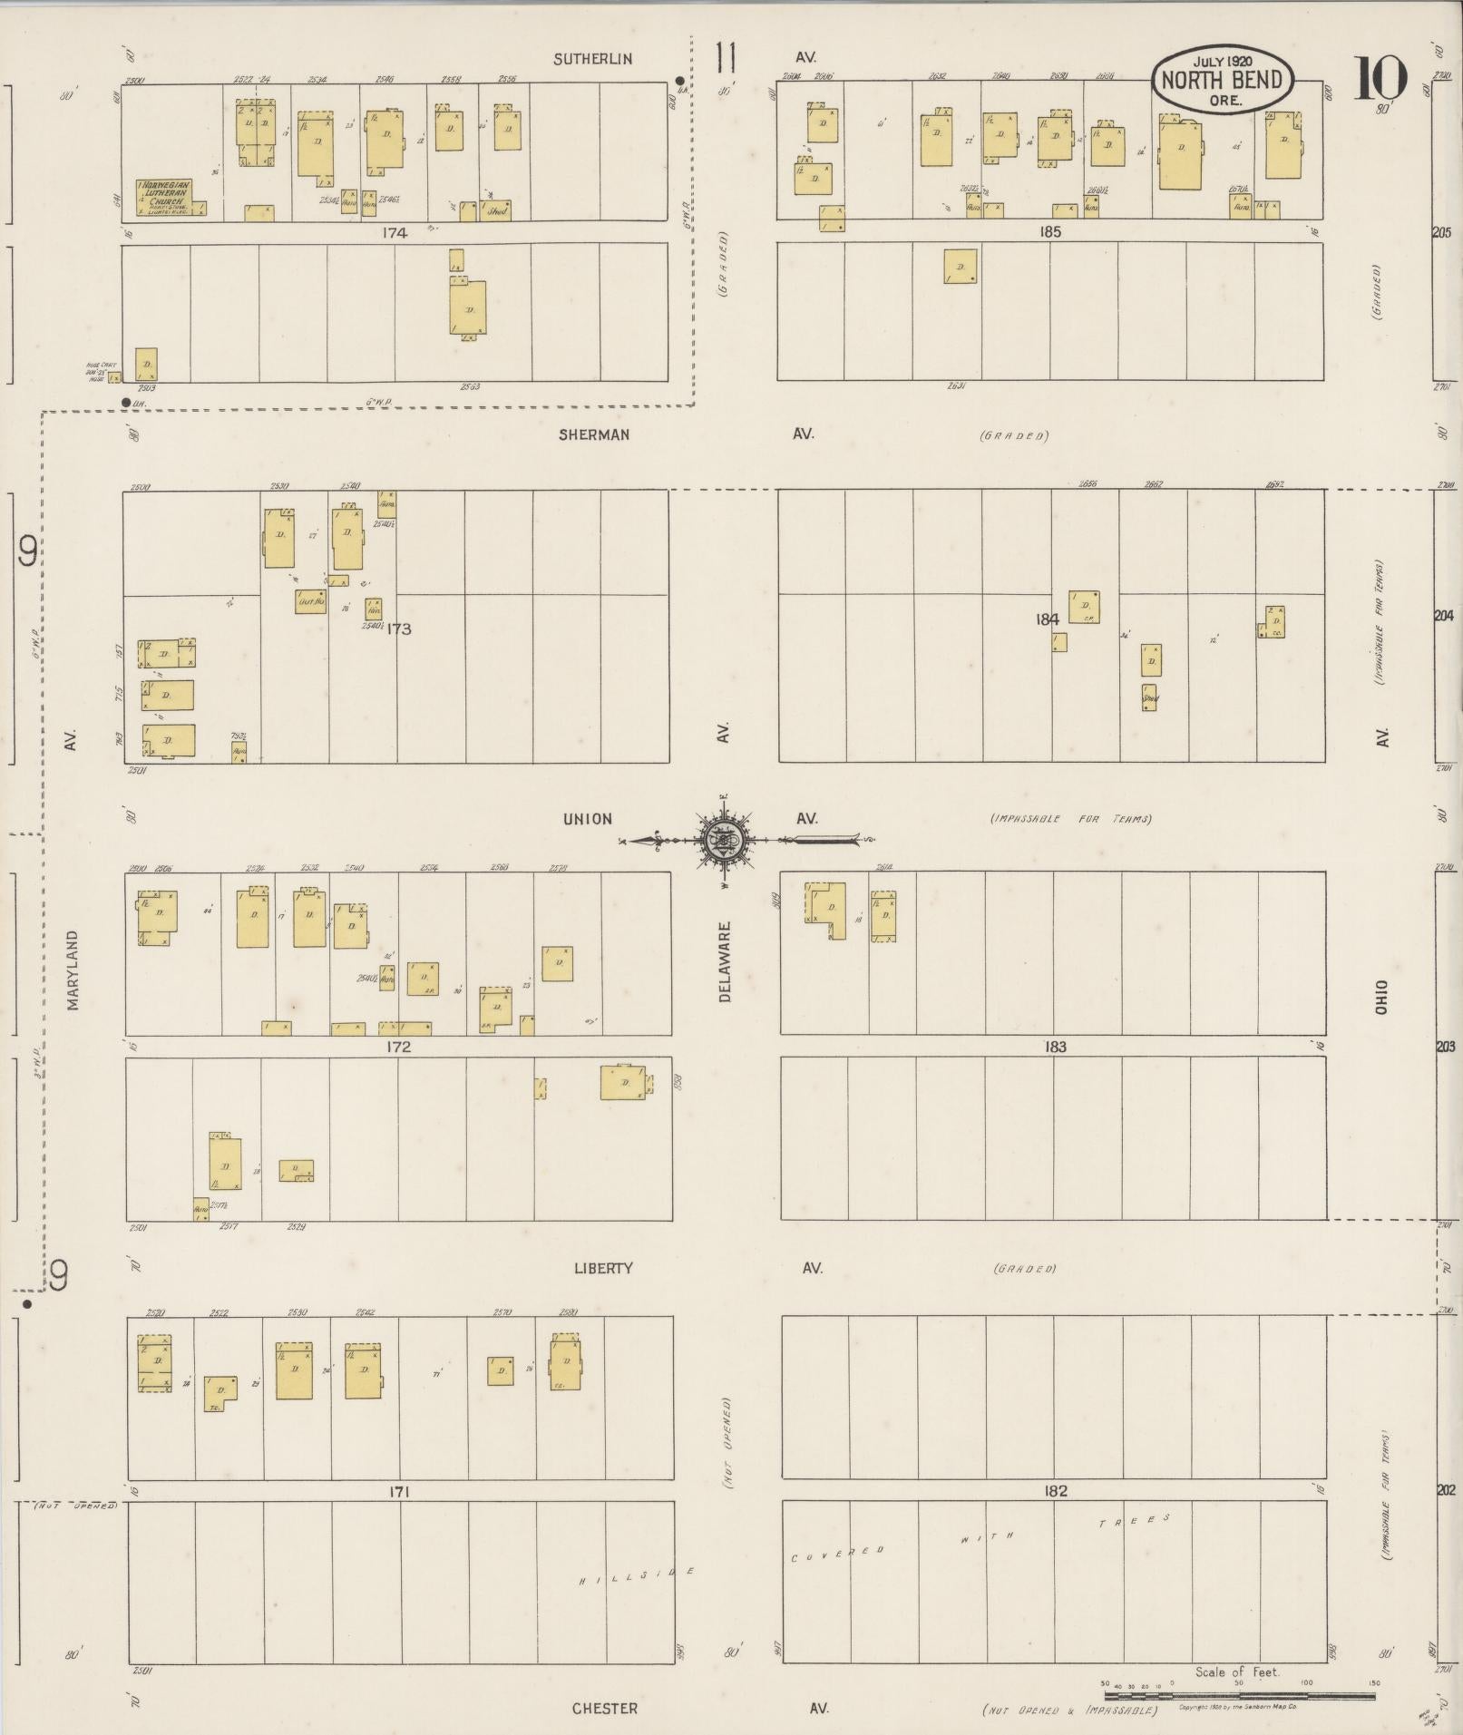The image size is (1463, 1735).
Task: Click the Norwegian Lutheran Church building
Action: (x=164, y=198)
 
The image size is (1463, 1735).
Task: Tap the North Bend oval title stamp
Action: (x=1222, y=80)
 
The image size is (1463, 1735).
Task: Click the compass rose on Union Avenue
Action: (x=724, y=840)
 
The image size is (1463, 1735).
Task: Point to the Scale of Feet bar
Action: (x=1239, y=1693)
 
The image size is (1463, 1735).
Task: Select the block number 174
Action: (x=395, y=232)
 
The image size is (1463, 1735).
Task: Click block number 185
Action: (x=1049, y=231)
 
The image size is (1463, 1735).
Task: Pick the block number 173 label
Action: (x=399, y=628)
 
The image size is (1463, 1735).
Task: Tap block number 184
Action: (x=1047, y=619)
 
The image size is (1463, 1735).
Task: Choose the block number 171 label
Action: (x=399, y=1491)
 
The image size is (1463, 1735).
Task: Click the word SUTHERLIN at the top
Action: (x=593, y=59)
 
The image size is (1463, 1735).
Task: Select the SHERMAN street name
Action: (x=594, y=434)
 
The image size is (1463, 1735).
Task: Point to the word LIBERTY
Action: (x=602, y=1268)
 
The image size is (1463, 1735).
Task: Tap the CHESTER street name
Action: (x=604, y=1708)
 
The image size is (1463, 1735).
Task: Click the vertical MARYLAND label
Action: (x=73, y=970)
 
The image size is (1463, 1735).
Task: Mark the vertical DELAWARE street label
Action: (x=725, y=962)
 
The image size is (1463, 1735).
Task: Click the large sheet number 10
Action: (x=1380, y=78)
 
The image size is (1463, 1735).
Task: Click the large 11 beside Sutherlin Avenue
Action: (x=724, y=58)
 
